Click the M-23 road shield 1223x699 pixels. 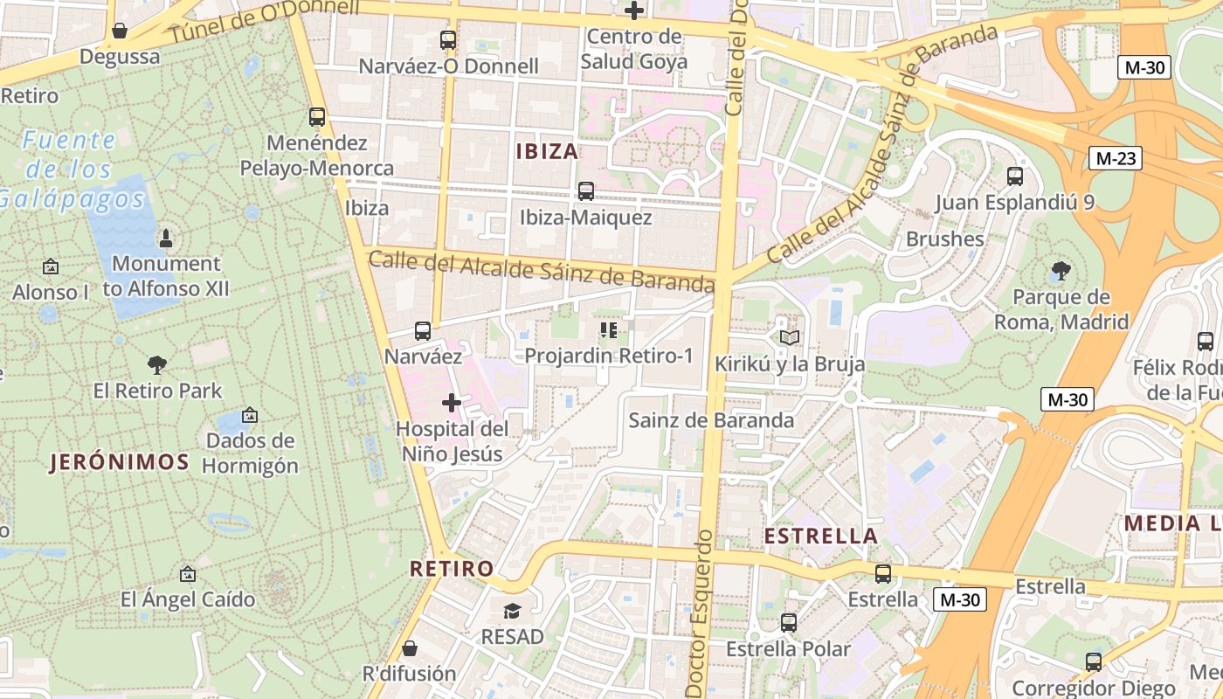coord(1115,158)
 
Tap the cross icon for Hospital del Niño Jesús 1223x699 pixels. coord(452,403)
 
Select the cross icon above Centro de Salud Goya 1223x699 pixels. coord(634,10)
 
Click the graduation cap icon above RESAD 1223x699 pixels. coord(512,610)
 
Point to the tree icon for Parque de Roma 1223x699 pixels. coord(1061,271)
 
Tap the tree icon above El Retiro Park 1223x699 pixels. coord(157,364)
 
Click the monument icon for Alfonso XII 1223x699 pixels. coord(166,238)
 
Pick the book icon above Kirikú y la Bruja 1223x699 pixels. coord(790,337)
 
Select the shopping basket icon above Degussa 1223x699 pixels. coord(120,31)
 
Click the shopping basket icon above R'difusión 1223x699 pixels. coord(409,648)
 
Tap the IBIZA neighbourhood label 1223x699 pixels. coord(547,151)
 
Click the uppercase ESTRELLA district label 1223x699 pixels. coord(821,536)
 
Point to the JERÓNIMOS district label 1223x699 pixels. coord(120,462)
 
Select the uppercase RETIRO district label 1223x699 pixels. coord(453,569)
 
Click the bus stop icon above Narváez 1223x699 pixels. coord(423,330)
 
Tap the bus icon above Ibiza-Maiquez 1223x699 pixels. coord(585,190)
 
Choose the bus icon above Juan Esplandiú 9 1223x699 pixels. coord(1015,176)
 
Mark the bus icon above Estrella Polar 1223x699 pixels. coord(789,623)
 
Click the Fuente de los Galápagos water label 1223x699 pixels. coord(70,169)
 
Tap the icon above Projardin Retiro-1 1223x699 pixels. coord(609,330)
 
